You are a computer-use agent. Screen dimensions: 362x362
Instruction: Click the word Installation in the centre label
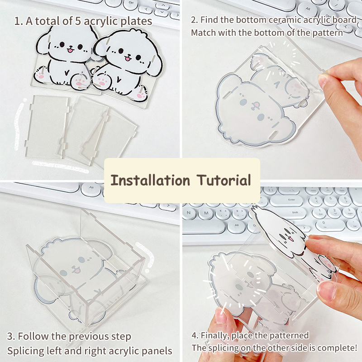[x=150, y=180]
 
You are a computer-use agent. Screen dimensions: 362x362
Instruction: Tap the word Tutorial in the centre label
[x=224, y=180]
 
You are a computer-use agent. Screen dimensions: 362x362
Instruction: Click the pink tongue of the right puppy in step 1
[x=128, y=58]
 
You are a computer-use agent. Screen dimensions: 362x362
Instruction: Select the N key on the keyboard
[x=189, y=213]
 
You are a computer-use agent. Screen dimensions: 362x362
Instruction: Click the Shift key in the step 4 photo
[x=295, y=213]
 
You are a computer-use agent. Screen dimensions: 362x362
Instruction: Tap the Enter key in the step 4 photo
[x=291, y=200]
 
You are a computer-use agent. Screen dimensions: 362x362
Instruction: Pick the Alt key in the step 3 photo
[x=91, y=189]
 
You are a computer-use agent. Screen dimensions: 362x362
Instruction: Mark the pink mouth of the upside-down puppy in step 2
[x=256, y=106]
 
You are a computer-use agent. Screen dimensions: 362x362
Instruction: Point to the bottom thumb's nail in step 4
[x=221, y=315]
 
